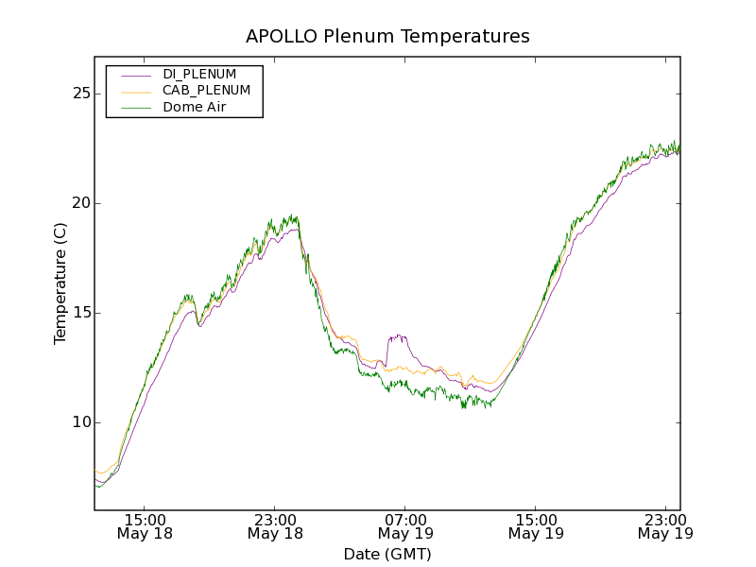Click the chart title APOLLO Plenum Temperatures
click(387, 37)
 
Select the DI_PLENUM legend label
click(199, 74)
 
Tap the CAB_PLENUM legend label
click(206, 91)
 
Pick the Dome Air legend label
click(195, 108)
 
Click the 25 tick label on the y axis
click(79, 94)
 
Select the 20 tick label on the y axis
click(79, 203)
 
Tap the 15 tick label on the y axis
click(79, 313)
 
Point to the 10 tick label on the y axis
click(79, 422)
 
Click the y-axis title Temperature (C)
click(60, 283)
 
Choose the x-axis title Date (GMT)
click(387, 554)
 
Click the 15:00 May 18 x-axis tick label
click(145, 526)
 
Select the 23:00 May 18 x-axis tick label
click(275, 526)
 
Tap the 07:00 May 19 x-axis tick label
click(405, 526)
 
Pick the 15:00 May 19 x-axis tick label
click(535, 526)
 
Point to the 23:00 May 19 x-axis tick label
click(664, 526)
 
